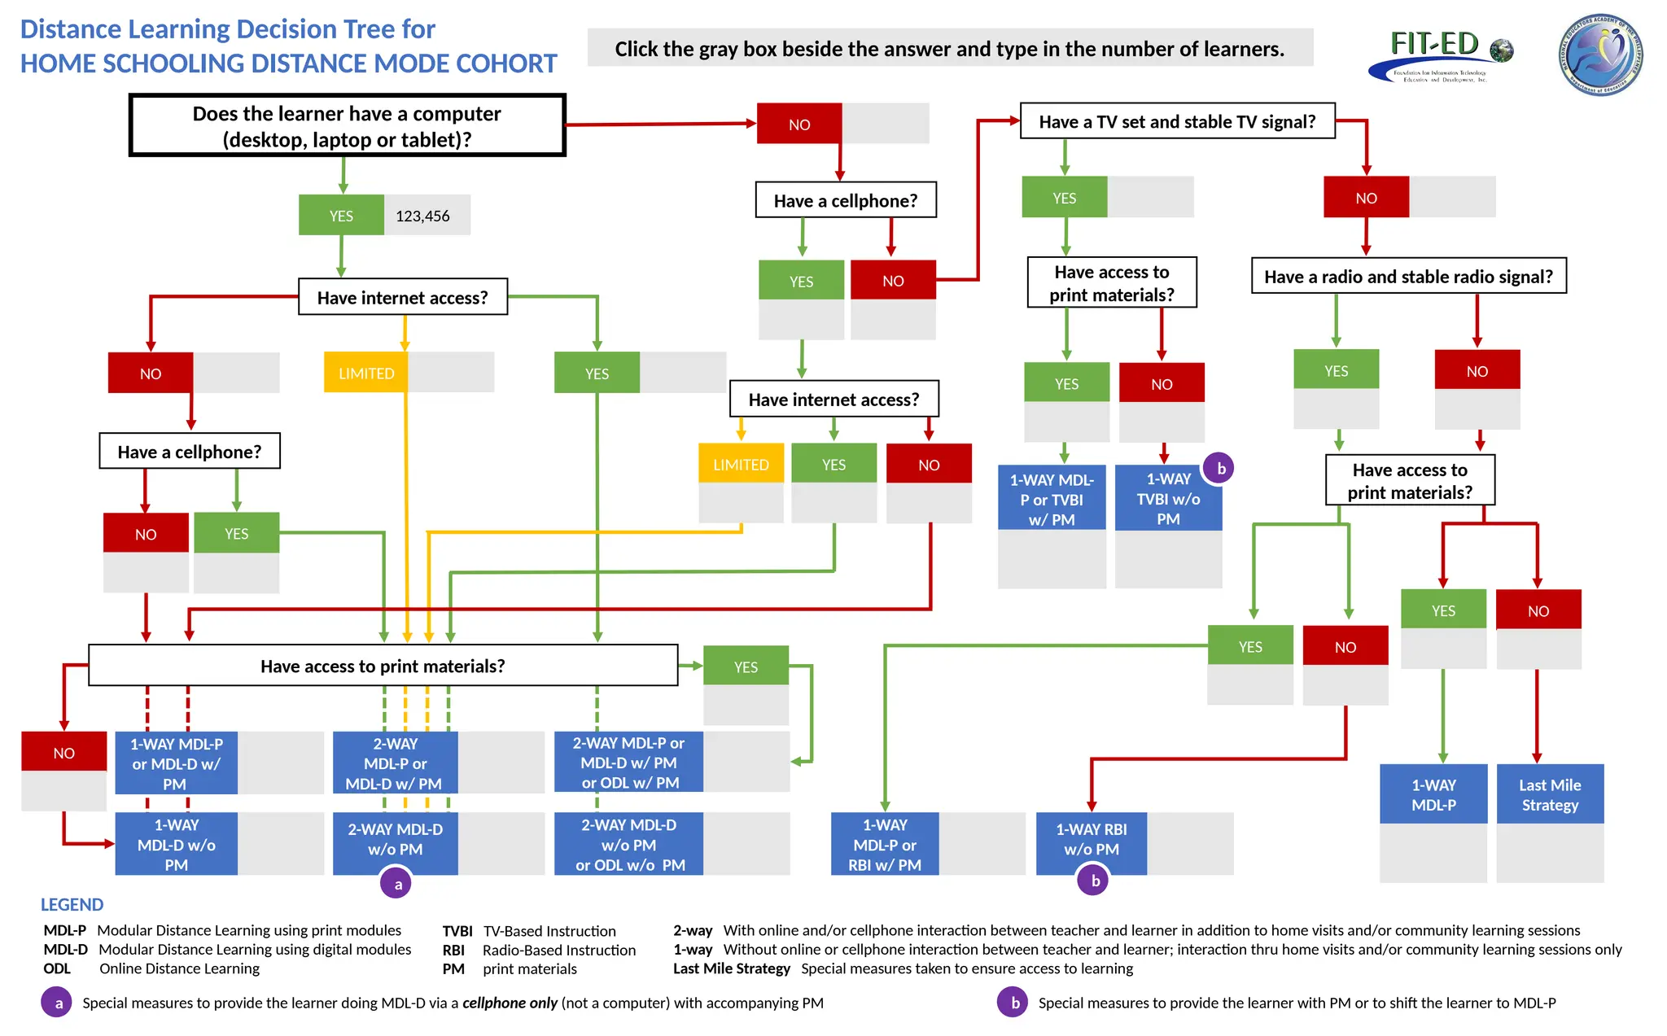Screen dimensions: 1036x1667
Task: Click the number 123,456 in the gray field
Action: tap(422, 216)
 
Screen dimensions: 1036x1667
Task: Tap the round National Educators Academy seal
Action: tap(1600, 55)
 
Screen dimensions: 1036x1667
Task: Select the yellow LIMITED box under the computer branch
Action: tap(365, 374)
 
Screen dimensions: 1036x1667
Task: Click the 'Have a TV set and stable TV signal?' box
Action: tap(1177, 121)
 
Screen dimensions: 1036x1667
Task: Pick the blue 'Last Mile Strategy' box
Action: tap(1550, 794)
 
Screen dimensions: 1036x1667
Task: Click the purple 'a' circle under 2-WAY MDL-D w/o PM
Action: tap(397, 884)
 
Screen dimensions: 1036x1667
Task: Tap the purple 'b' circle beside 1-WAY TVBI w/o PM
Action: tap(1220, 469)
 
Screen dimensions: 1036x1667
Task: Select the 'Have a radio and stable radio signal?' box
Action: tap(1408, 277)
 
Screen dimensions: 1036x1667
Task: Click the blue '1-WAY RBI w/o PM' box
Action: tap(1091, 839)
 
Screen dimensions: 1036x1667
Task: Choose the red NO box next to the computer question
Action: tap(799, 125)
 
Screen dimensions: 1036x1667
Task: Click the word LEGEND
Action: tap(72, 905)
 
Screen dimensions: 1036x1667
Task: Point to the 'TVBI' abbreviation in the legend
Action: tap(457, 931)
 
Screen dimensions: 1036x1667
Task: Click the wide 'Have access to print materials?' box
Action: tap(383, 666)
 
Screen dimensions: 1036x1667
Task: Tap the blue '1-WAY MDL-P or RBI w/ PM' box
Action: tap(884, 845)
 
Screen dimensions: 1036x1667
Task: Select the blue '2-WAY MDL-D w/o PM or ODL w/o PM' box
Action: tap(628, 845)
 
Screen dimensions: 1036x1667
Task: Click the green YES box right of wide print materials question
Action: tap(746, 667)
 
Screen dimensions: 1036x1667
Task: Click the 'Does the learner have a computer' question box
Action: tap(347, 126)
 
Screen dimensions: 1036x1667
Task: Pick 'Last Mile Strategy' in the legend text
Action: tap(731, 968)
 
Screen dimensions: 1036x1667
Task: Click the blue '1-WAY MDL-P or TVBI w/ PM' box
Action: tap(1052, 500)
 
